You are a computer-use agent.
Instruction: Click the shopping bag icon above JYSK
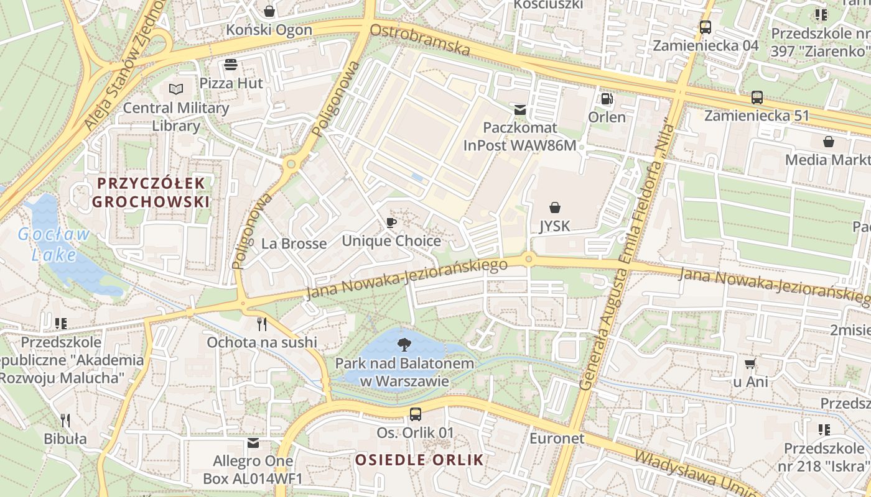[x=554, y=207]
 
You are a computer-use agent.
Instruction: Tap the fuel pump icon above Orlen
[x=607, y=99]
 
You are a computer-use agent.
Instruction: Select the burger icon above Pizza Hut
[x=231, y=65]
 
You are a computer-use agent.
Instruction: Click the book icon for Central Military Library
[x=176, y=89]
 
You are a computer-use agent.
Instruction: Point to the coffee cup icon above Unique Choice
[x=391, y=222]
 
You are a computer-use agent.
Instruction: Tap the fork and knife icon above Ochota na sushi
[x=262, y=324]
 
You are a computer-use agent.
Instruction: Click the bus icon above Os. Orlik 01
[x=416, y=414]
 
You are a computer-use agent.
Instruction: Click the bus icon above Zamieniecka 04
[x=705, y=27]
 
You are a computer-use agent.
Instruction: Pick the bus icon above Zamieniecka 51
[x=757, y=98]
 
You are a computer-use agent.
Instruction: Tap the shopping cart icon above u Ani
[x=750, y=363]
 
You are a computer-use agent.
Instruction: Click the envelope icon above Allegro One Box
[x=253, y=443]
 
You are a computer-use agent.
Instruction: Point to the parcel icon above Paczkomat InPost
[x=520, y=110]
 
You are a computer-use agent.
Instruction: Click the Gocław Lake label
[x=54, y=245]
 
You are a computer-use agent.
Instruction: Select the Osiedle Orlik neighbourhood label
[x=419, y=460]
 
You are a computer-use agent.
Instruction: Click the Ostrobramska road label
[x=419, y=40]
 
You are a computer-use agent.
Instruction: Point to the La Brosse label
[x=294, y=244]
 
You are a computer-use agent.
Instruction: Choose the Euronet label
[x=557, y=439]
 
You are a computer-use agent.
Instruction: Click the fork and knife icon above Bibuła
[x=65, y=421]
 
